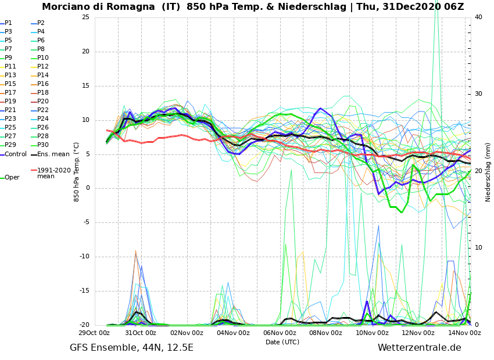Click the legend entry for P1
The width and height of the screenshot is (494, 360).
click(8, 23)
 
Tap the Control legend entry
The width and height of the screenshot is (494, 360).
click(16, 154)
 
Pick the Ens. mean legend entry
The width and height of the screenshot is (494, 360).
click(53, 154)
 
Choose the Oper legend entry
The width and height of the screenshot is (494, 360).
click(12, 178)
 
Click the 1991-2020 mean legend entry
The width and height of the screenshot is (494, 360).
click(53, 173)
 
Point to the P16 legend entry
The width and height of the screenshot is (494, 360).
click(43, 84)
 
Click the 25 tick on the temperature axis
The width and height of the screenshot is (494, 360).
click(85, 17)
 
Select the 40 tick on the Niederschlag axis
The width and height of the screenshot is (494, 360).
click(478, 17)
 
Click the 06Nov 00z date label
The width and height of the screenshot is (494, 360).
click(280, 333)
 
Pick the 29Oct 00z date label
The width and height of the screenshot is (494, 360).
click(94, 333)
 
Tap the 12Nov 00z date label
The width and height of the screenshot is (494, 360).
click(418, 333)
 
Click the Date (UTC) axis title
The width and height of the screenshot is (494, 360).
click(282, 343)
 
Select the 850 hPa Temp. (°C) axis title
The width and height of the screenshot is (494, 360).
click(77, 171)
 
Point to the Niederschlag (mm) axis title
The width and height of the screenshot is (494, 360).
click(488, 171)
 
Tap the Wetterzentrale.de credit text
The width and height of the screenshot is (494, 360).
click(419, 348)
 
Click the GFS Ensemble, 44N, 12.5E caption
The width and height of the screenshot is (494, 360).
click(131, 348)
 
